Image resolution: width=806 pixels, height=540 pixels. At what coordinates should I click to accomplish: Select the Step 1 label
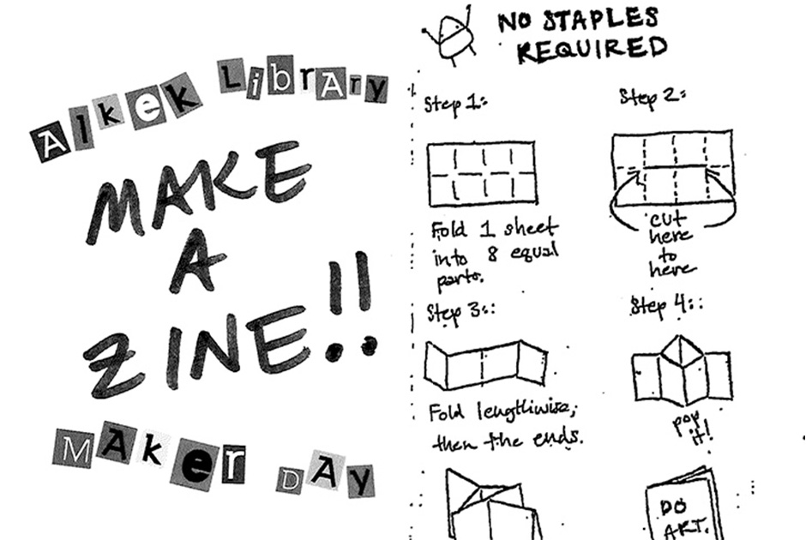click(455, 105)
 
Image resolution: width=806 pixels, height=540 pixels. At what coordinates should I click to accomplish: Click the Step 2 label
click(651, 98)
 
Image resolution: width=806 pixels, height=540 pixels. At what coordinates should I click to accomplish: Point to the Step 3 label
click(458, 312)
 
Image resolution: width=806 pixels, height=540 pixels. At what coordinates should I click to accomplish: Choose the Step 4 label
click(664, 304)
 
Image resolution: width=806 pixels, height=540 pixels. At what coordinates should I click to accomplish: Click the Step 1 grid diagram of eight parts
click(482, 175)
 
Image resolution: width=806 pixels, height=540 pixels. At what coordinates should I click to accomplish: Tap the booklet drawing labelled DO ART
click(681, 506)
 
